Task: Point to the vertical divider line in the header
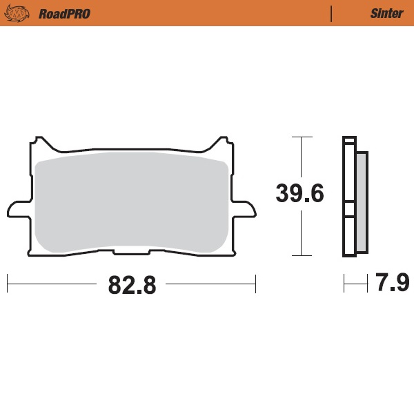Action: tap(332, 13)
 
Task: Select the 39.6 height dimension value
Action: tap(299, 193)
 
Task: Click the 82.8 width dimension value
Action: tap(132, 284)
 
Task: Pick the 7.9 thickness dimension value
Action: tap(393, 283)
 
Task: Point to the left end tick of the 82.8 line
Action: tap(7, 283)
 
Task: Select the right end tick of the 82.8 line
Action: tap(255, 283)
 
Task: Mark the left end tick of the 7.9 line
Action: tap(344, 283)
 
